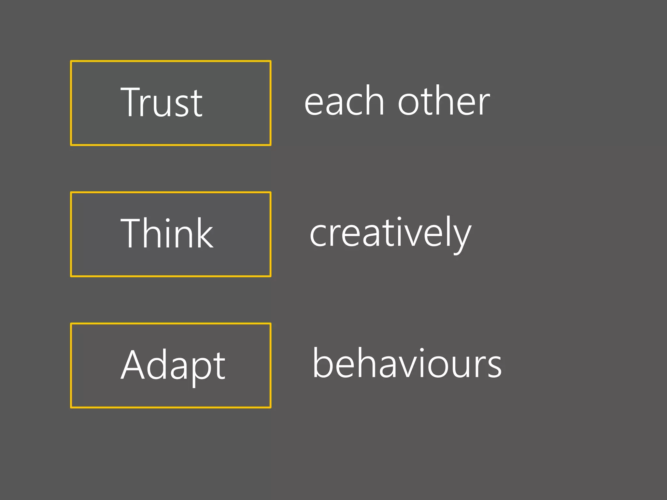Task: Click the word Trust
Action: point(162,102)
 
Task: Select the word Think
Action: point(167,233)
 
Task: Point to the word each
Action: point(344,101)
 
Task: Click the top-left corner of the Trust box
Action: point(71,61)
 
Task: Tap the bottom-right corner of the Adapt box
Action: point(270,407)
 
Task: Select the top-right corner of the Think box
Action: point(270,193)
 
